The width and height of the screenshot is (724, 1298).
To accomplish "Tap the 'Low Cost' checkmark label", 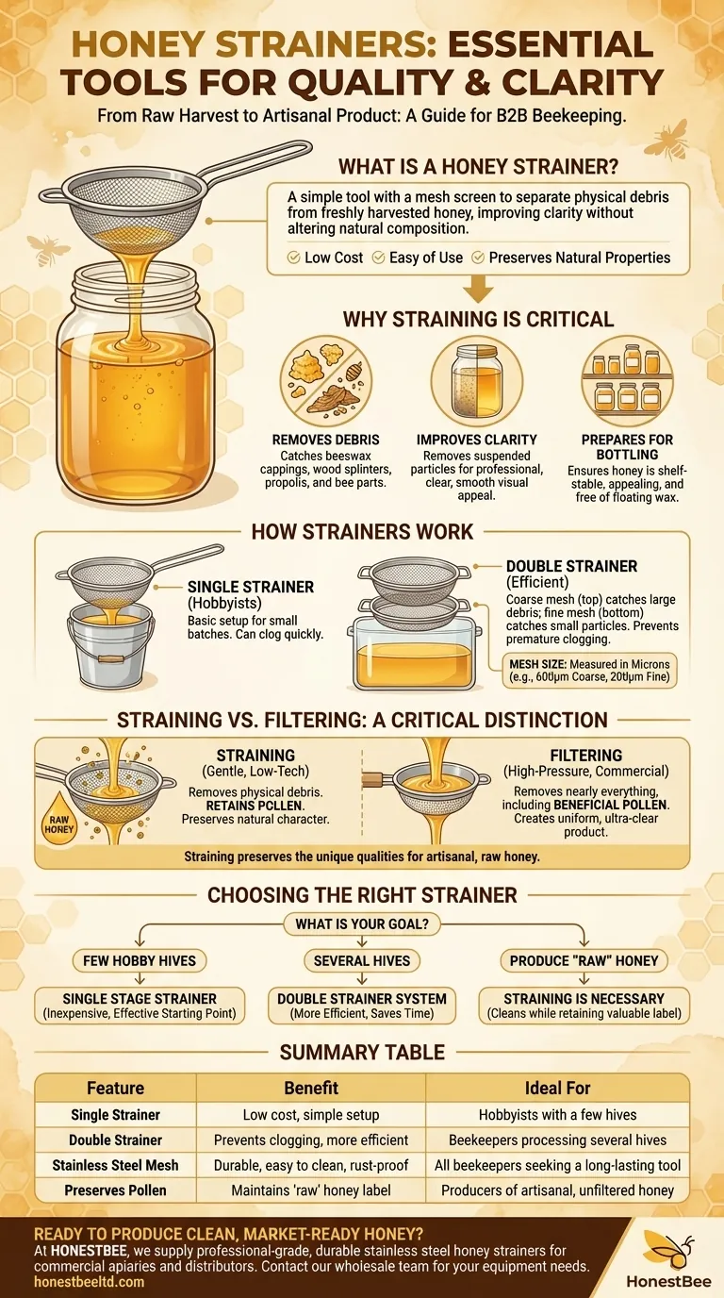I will (x=325, y=257).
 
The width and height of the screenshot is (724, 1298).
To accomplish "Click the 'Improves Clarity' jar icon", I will (x=476, y=380).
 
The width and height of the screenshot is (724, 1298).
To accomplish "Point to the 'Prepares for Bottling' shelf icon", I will (x=627, y=380).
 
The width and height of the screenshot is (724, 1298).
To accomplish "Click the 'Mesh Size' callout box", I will (x=588, y=673).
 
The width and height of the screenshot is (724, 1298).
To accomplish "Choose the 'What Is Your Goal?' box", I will (x=362, y=924).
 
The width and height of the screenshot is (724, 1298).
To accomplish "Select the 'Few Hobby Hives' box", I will (x=140, y=961).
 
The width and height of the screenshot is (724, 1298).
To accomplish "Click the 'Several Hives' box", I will (x=362, y=961).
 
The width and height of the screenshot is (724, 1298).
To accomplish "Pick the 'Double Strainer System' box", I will (x=362, y=1006).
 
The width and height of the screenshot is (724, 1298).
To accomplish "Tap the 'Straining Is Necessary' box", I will (x=584, y=1006).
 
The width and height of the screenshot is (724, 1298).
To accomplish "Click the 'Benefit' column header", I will (x=311, y=1088).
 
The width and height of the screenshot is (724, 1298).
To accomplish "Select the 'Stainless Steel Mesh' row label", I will (x=115, y=1165).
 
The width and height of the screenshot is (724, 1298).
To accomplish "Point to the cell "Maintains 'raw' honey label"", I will (x=311, y=1190).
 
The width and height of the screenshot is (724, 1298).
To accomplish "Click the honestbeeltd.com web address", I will (x=90, y=1283).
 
